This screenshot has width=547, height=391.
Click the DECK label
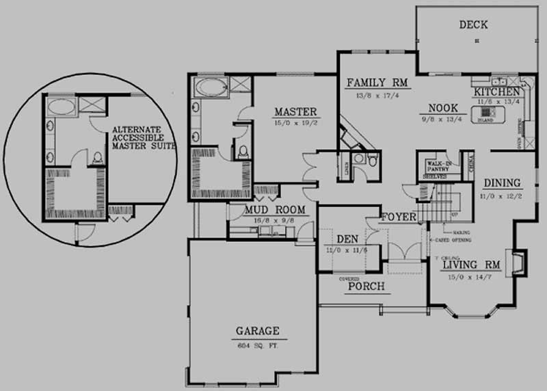pyautogui.click(x=473, y=25)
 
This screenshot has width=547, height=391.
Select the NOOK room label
pyautogui.click(x=443, y=108)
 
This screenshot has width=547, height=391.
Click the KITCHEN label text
pyautogui.click(x=496, y=92)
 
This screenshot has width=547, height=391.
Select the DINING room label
pyautogui.click(x=503, y=183)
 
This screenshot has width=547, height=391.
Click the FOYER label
pyautogui.click(x=399, y=217)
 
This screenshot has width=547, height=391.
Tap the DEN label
pyautogui.click(x=347, y=240)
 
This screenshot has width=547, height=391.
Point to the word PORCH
pyautogui.click(x=366, y=286)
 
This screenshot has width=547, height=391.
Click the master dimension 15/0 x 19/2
pyautogui.click(x=295, y=123)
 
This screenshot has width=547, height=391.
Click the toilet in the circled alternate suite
pyautogui.click(x=98, y=158)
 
